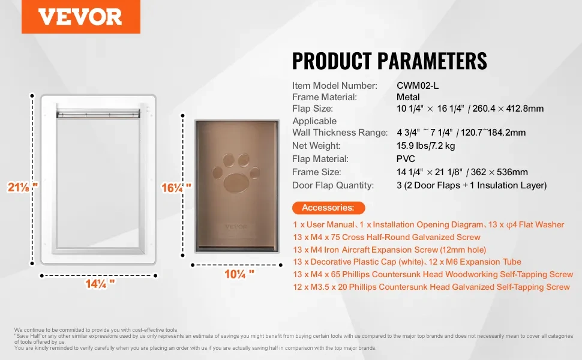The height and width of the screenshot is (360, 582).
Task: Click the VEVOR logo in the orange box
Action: [x=80, y=17]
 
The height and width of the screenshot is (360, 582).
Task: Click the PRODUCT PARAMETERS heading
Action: [x=389, y=61]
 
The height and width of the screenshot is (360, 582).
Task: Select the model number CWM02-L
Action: [x=418, y=85]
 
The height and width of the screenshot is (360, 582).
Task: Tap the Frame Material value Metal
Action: [x=408, y=97]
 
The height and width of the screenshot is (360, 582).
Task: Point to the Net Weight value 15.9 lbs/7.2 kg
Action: [x=426, y=145]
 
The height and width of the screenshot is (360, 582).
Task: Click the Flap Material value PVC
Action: [x=406, y=159]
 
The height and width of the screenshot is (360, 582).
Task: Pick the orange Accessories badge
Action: [x=328, y=208]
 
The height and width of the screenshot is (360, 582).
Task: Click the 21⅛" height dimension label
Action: [x=22, y=187]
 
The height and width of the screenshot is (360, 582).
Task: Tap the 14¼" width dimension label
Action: [x=100, y=284]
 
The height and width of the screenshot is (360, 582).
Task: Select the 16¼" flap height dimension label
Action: [x=176, y=187]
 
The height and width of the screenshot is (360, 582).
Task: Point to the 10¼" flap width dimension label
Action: [x=239, y=274]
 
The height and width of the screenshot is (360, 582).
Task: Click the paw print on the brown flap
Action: [x=236, y=173]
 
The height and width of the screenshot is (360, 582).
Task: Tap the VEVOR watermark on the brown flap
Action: [x=236, y=227]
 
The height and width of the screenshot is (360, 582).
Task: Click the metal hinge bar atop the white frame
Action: [x=98, y=113]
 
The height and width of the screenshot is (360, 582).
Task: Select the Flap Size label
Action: [x=313, y=109]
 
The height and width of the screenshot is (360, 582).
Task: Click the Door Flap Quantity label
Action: [x=333, y=185]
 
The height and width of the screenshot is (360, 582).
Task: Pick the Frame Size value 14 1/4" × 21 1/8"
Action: [x=430, y=172]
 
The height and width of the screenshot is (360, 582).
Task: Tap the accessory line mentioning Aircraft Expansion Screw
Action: [x=389, y=250]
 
